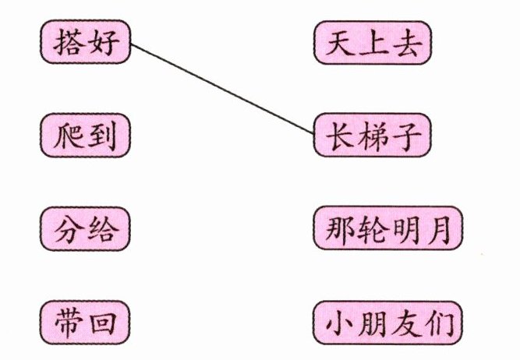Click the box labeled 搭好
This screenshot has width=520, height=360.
click(86, 42)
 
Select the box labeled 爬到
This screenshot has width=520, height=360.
click(86, 136)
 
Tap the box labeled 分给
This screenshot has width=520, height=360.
click(86, 229)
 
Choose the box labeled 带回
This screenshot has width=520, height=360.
click(86, 323)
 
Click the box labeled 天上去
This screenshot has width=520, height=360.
click(373, 42)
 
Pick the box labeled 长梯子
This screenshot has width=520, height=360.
click(373, 135)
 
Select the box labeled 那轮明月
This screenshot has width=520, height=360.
click(388, 228)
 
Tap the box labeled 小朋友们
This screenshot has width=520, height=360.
click(388, 323)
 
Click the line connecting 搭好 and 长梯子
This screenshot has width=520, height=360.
click(222, 89)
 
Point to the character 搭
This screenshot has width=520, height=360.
click(68, 42)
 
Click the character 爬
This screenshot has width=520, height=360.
click(68, 136)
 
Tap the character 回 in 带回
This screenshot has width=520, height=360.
click(104, 323)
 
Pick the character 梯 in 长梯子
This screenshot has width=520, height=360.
click(373, 136)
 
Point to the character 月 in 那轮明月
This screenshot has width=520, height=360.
click(438, 228)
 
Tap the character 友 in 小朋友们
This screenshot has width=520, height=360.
click(405, 323)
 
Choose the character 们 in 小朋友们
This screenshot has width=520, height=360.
click(438, 323)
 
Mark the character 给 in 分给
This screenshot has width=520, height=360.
click(104, 229)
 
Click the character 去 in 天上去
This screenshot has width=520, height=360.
click(406, 43)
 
